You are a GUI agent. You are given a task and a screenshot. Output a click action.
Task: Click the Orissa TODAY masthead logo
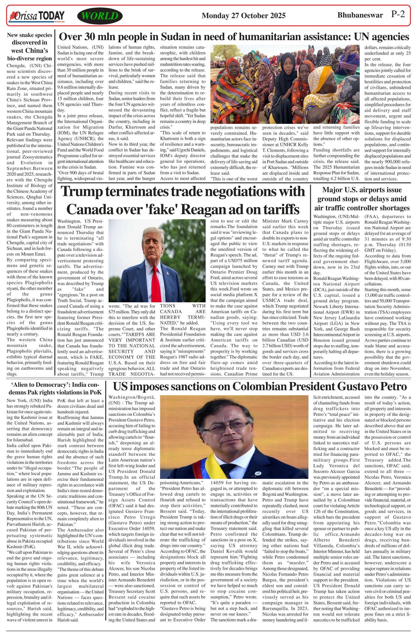[37, 16]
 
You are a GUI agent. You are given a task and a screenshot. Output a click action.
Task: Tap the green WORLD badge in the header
[100, 16]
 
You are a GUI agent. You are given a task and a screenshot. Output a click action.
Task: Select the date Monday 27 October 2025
[243, 16]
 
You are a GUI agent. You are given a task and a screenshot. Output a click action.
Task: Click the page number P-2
[398, 14]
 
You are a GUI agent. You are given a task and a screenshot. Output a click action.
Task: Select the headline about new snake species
[29, 46]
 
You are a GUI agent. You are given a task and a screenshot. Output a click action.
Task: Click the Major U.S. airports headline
[362, 199]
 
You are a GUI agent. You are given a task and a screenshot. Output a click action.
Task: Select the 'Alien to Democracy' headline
[55, 388]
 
